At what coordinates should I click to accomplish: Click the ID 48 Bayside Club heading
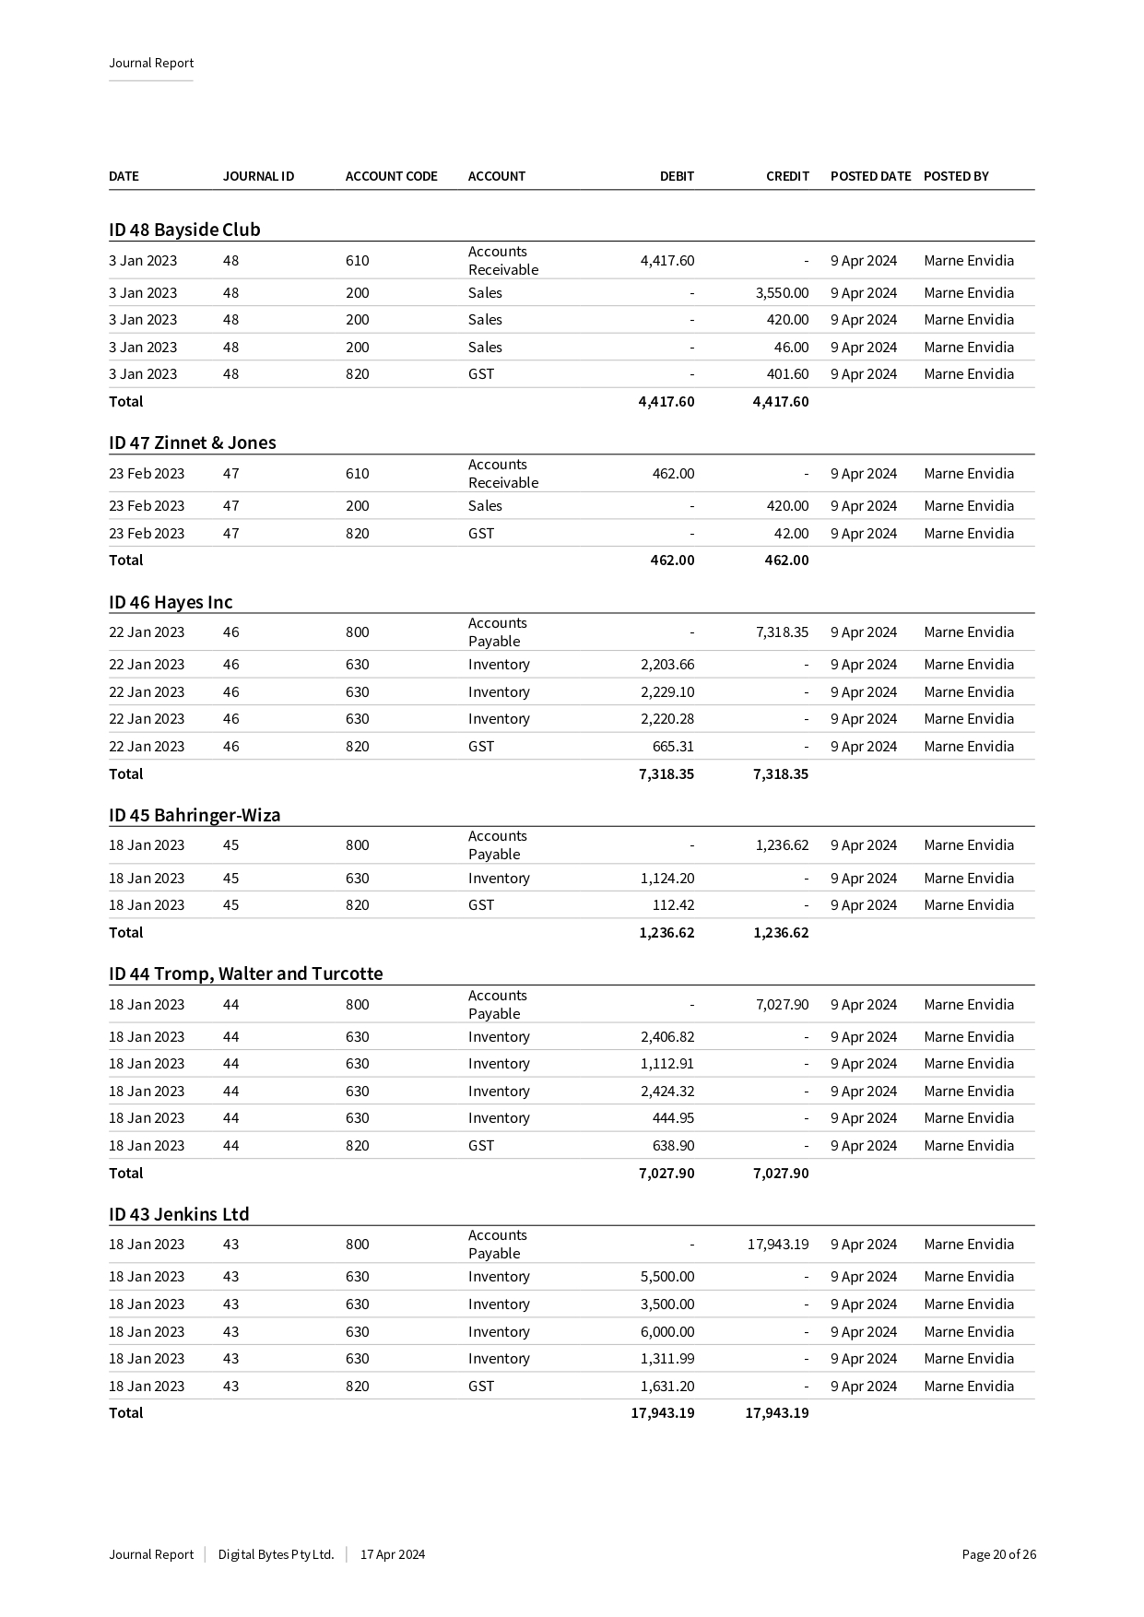point(184,230)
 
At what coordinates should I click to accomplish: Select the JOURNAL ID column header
point(258,176)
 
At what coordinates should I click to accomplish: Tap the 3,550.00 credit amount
point(782,293)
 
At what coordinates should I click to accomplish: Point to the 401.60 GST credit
point(787,374)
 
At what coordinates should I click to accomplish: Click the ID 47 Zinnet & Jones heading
point(192,443)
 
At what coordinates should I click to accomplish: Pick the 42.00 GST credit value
point(791,534)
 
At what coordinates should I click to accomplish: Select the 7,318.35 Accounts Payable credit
point(782,632)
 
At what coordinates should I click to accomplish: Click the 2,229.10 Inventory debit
point(667,692)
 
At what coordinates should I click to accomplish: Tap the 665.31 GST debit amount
point(673,747)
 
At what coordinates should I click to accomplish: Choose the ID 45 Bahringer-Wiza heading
point(195,815)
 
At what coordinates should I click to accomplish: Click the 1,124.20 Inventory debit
point(667,879)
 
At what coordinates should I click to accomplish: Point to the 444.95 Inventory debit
point(673,1118)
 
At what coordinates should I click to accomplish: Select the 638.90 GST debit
point(673,1146)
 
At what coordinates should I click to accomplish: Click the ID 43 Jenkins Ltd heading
point(179,1214)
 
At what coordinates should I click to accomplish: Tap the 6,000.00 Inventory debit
point(667,1332)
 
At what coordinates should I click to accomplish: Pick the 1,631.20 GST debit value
point(667,1387)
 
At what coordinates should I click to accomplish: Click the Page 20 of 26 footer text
point(998,1554)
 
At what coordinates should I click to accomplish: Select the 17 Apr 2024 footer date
point(393,1554)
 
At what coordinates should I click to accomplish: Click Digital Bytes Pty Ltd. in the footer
point(276,1554)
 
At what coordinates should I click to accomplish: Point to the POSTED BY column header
point(956,176)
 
